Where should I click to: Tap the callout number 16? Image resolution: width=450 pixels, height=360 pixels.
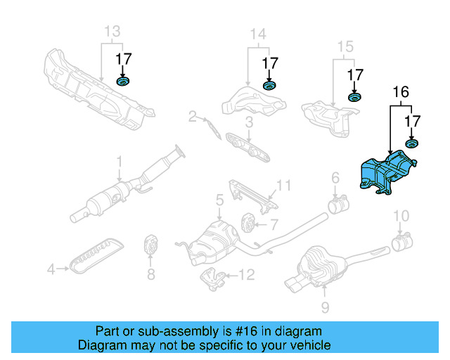401,92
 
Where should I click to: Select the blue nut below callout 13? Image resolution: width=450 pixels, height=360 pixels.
123,82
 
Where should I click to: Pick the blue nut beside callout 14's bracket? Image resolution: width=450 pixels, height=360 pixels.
269,85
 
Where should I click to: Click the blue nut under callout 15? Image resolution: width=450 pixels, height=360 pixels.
354,97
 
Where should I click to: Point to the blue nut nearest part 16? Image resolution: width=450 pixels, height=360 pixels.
411,143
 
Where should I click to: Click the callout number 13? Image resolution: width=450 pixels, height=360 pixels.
112,32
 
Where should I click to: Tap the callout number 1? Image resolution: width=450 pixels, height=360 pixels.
120,162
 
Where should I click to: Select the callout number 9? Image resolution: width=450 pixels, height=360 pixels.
325,307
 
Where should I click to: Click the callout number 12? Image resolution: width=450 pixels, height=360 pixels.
247,275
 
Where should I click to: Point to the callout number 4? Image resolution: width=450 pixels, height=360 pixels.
51,269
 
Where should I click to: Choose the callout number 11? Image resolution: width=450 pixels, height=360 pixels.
283,186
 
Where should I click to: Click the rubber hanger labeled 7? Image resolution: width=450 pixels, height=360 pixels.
248,223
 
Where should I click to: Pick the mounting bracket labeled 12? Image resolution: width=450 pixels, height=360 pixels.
212,279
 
